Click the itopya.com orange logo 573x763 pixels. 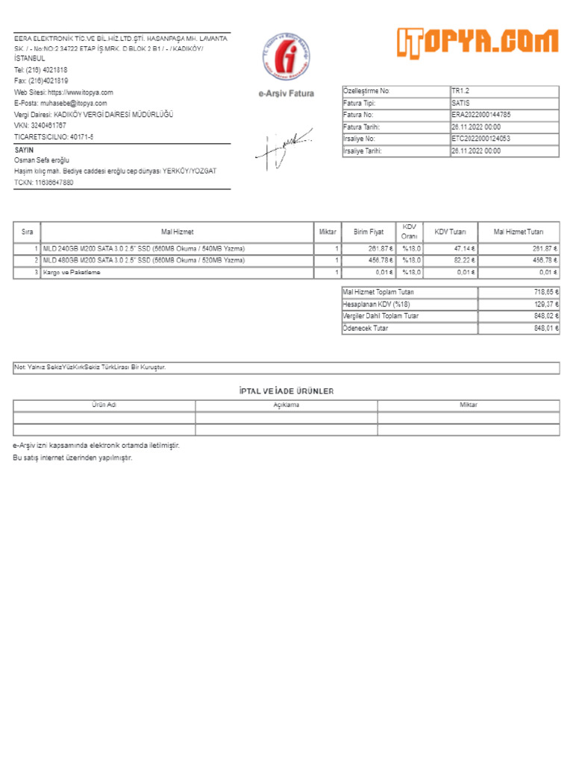coord(477,44)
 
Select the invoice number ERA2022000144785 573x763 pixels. coord(481,115)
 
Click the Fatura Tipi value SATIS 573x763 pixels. coord(460,104)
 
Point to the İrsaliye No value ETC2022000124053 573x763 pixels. coord(481,139)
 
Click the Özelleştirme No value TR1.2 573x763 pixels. coord(460,91)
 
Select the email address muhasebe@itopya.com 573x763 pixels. coord(72,104)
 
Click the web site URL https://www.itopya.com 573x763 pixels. coord(81,92)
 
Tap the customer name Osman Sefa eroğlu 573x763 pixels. coord(42,160)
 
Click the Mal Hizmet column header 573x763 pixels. coord(177,232)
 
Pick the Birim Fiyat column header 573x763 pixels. coord(369,232)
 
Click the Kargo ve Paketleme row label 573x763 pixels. coord(72,273)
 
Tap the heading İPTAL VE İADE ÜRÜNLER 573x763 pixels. coord(286,391)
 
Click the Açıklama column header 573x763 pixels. coord(286,405)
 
